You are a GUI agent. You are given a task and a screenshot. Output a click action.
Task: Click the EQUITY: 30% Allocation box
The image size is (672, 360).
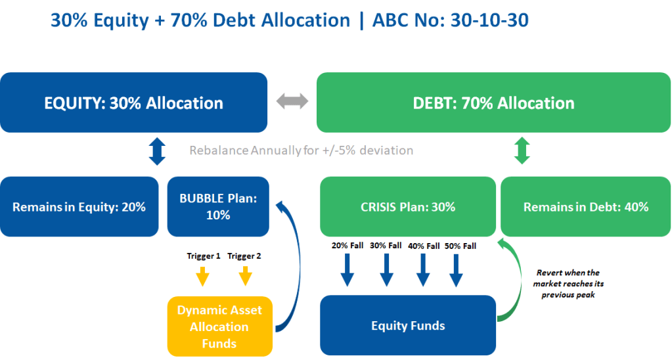(x=133, y=102)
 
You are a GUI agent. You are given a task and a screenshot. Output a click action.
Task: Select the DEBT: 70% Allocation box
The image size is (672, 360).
(x=493, y=102)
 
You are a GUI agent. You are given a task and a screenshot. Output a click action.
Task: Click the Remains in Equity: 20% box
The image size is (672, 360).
(x=79, y=206)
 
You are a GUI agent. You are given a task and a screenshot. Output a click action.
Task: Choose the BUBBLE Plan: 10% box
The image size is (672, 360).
(x=218, y=206)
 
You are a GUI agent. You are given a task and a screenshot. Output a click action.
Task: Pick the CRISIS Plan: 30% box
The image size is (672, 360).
(x=407, y=206)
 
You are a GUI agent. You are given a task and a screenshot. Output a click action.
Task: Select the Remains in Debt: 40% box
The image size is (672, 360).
(x=585, y=206)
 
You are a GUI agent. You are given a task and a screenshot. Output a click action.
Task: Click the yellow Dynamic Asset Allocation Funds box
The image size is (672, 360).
(x=219, y=326)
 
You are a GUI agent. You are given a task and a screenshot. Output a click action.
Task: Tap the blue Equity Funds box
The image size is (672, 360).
(x=407, y=325)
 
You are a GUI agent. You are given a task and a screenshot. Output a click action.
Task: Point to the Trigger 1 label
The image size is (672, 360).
(x=202, y=256)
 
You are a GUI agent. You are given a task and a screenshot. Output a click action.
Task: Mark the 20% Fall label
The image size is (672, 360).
(x=347, y=246)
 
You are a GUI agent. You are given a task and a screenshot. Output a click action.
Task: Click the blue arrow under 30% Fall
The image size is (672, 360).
(x=384, y=271)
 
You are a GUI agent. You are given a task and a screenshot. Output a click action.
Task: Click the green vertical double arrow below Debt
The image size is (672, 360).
(x=521, y=150)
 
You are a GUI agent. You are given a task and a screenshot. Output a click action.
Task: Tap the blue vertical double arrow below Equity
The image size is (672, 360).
(x=156, y=150)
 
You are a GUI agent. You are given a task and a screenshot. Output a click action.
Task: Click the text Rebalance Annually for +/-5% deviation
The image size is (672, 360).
(x=302, y=150)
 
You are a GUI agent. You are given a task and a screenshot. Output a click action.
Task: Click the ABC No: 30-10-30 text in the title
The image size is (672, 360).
(x=450, y=20)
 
